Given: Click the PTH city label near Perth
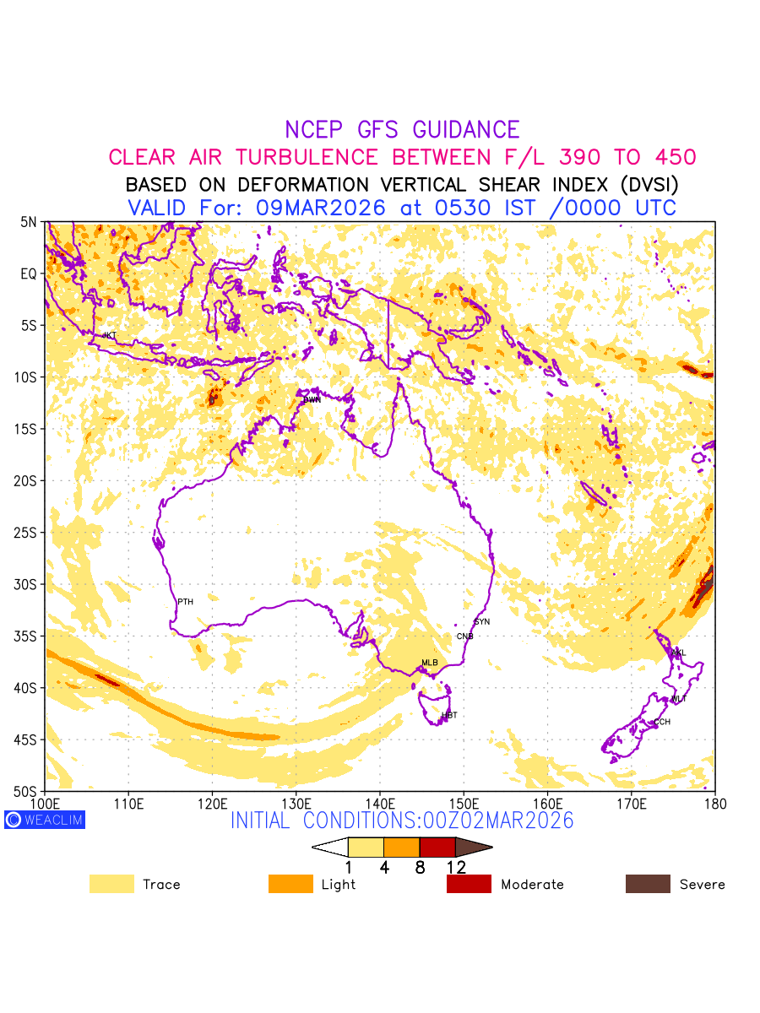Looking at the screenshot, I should point(185,602).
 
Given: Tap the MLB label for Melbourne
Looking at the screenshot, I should point(430,663).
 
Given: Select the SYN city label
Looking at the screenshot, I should point(482,622).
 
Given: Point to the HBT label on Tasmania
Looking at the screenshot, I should point(449,716).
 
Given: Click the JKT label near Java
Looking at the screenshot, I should point(109,336).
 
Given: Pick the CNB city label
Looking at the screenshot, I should point(464,637).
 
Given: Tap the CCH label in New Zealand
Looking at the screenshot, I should point(662,723).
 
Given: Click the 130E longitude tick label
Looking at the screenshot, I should point(296,804).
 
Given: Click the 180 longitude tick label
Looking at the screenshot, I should point(714,804).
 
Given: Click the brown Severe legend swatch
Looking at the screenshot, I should point(648,884).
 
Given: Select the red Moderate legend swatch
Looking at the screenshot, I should point(469,884).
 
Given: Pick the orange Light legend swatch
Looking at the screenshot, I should point(290,884).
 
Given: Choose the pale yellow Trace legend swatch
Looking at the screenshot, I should point(111,884).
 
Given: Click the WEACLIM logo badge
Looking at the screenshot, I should point(45,820).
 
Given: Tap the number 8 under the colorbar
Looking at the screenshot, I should point(420,868).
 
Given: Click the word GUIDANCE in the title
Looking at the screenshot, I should point(466,130).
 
